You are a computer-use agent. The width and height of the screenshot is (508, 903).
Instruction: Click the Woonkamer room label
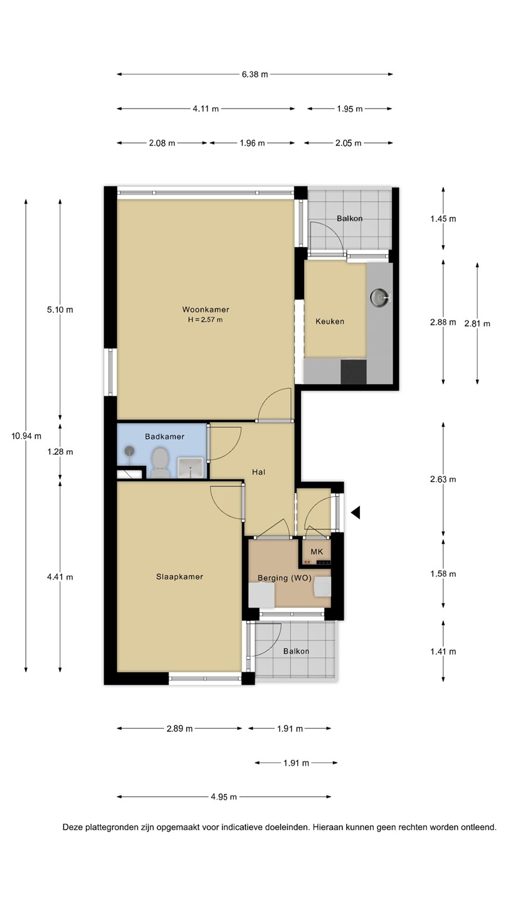pyautogui.click(x=206, y=310)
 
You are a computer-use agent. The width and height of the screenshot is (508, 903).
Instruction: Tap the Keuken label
pyautogui.click(x=330, y=321)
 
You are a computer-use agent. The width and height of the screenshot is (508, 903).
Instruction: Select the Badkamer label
pyautogui.click(x=164, y=436)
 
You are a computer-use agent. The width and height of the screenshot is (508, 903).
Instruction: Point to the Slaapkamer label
pyautogui.click(x=179, y=577)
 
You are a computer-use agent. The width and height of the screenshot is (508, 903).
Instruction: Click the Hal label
pyautogui.click(x=258, y=472)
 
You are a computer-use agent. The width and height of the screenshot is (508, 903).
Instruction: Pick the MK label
pyautogui.click(x=317, y=551)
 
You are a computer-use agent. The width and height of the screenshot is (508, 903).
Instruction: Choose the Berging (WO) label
pyautogui.click(x=285, y=578)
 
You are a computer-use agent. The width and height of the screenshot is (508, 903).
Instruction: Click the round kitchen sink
pyautogui.click(x=379, y=297)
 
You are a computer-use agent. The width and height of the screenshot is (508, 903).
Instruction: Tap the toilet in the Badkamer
pyautogui.click(x=160, y=462)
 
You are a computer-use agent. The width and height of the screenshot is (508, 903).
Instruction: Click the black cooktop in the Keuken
pyautogui.click(x=354, y=372)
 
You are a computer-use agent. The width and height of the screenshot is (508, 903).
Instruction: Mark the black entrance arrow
pyautogui.click(x=355, y=513)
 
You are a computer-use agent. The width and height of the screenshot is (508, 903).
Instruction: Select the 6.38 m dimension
pyautogui.click(x=255, y=74)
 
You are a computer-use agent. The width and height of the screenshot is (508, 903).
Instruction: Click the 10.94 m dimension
pyautogui.click(x=26, y=436)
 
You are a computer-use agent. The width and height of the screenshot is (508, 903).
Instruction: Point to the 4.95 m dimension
pyautogui.click(x=224, y=797)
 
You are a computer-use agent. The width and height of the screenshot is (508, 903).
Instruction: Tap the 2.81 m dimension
pyautogui.click(x=477, y=324)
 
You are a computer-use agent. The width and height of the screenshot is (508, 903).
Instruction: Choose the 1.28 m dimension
pyautogui.click(x=60, y=452)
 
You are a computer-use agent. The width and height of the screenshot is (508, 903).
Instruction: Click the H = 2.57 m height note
pyautogui.click(x=205, y=320)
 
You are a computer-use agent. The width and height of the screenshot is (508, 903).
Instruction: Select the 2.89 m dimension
pyautogui.click(x=180, y=729)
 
